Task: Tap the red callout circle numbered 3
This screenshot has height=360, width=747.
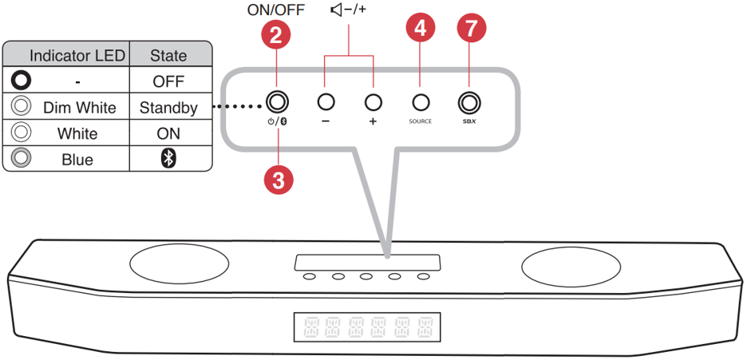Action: (x=278, y=180)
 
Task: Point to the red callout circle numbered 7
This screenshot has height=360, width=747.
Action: (x=469, y=30)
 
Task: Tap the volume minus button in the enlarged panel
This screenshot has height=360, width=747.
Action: (x=326, y=102)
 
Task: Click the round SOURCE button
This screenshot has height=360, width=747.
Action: (x=421, y=102)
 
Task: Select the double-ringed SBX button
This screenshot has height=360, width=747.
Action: (x=468, y=102)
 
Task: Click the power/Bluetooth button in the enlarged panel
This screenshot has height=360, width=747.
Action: (x=278, y=102)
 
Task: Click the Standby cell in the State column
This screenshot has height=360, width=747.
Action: (x=168, y=107)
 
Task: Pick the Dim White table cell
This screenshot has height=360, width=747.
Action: (x=80, y=107)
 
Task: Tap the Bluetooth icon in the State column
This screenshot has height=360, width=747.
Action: (x=168, y=159)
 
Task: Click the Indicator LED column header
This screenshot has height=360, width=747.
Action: (x=77, y=55)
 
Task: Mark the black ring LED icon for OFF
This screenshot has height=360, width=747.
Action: (x=22, y=81)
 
